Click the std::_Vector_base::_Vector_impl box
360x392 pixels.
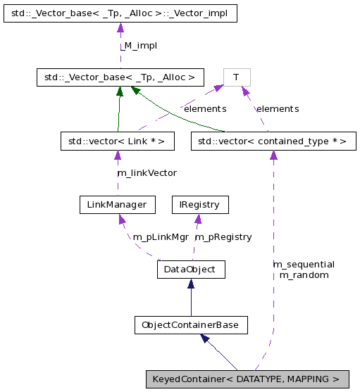pyautogui.click(x=120, y=13)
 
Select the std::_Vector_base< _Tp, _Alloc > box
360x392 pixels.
pyautogui.click(x=120, y=77)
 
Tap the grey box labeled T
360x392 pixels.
pyautogui.click(x=236, y=77)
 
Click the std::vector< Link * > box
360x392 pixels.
pyautogui.click(x=117, y=141)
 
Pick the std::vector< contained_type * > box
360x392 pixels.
pyautogui.click(x=273, y=141)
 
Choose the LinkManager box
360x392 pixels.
pyautogui.click(x=117, y=205)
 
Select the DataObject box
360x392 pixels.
pyautogui.click(x=190, y=269)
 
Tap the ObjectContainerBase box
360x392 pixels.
pyautogui.click(x=190, y=325)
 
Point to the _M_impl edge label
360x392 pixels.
pyautogui.click(x=137, y=45)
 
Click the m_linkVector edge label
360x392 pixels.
pyautogui.click(x=147, y=172)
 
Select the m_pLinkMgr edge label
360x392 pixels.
pyautogui.click(x=160, y=236)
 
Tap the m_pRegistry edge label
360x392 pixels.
pyautogui.click(x=223, y=236)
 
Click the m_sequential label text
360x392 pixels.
pyautogui.click(x=304, y=264)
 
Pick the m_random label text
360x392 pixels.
pyautogui.click(x=304, y=274)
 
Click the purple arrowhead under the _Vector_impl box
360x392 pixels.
pyautogui.click(x=120, y=28)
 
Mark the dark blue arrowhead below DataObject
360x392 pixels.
pyautogui.click(x=190, y=284)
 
